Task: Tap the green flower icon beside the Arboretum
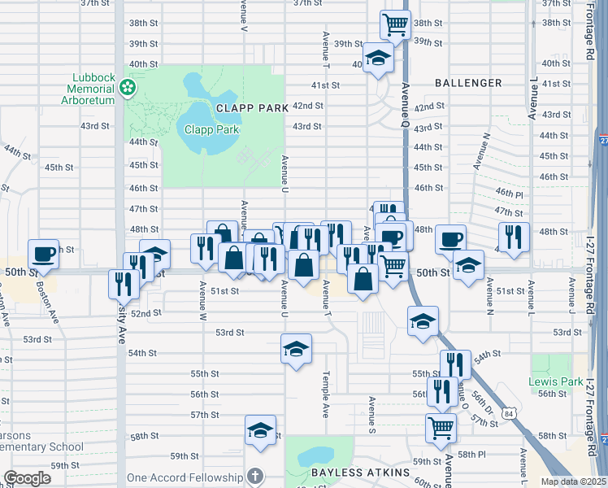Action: click(128, 87)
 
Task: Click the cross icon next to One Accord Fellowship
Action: click(254, 476)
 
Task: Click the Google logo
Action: click(27, 478)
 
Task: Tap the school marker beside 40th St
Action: click(378, 58)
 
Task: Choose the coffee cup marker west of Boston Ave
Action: click(44, 253)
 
